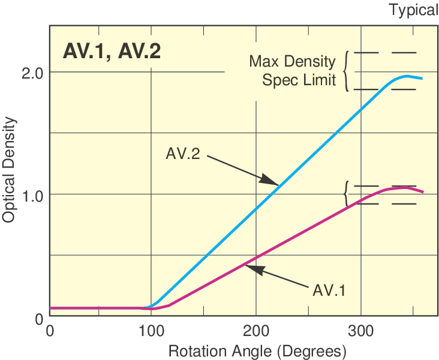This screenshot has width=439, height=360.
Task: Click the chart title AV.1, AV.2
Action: point(112,51)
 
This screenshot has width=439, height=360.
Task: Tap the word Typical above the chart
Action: point(414,10)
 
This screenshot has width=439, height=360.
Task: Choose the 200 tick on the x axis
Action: point(256,331)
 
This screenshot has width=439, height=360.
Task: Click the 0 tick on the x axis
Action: point(50,331)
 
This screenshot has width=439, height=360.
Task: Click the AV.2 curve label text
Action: point(183,154)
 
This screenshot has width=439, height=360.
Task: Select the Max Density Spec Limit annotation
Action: point(293,70)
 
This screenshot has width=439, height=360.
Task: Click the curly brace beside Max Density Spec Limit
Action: point(347,71)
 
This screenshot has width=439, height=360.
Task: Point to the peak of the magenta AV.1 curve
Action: point(405,188)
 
